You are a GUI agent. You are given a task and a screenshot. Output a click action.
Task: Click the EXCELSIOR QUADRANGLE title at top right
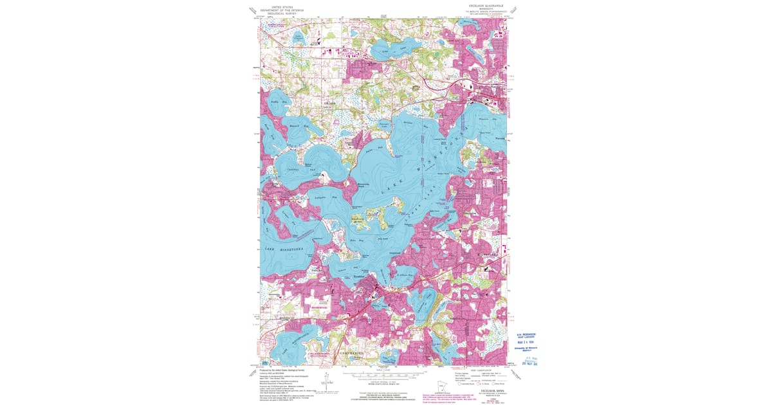[483, 5]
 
